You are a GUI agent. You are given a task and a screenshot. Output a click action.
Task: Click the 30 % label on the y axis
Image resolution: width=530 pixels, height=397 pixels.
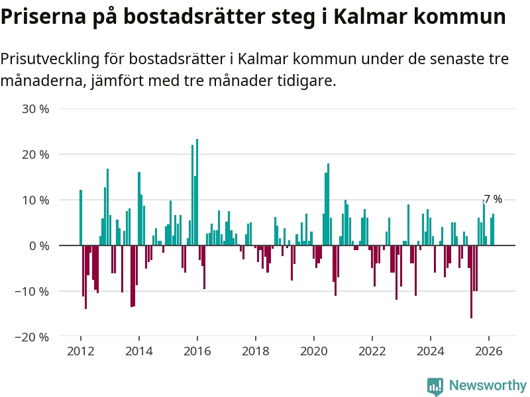click(36, 109)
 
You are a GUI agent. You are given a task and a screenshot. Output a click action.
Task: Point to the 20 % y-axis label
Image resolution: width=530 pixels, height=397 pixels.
click(36, 154)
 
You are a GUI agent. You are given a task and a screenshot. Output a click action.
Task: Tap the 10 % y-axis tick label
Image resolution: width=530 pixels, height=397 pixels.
click(36, 200)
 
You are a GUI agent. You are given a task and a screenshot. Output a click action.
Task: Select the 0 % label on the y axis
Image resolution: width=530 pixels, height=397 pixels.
click(38, 245)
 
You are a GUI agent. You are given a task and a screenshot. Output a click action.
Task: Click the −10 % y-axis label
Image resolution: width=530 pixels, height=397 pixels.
click(32, 291)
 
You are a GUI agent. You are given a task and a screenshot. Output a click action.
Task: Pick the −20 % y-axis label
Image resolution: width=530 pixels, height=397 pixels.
click(32, 337)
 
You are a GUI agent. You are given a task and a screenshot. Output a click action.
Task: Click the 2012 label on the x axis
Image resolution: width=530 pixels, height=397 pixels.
click(81, 351)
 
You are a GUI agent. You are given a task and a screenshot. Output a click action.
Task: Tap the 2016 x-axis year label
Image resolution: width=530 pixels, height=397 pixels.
click(197, 351)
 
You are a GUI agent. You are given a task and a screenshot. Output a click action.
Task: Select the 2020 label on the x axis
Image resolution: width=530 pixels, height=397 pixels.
click(314, 351)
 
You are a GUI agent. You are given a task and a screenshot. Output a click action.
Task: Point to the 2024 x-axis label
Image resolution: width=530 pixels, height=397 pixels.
click(431, 351)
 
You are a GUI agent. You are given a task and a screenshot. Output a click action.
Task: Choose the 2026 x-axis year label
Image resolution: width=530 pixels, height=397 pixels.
click(489, 351)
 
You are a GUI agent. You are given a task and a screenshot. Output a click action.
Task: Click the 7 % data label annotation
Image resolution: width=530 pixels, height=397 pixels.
click(493, 199)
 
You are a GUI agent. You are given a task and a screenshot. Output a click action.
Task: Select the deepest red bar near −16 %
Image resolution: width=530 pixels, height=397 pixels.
click(471, 282)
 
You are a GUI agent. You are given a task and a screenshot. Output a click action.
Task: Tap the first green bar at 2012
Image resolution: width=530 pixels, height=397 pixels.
click(81, 218)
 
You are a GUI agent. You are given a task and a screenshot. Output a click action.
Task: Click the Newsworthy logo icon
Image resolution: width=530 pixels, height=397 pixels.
click(435, 386)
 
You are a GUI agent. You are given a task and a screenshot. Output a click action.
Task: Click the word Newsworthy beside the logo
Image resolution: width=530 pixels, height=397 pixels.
click(488, 385)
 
